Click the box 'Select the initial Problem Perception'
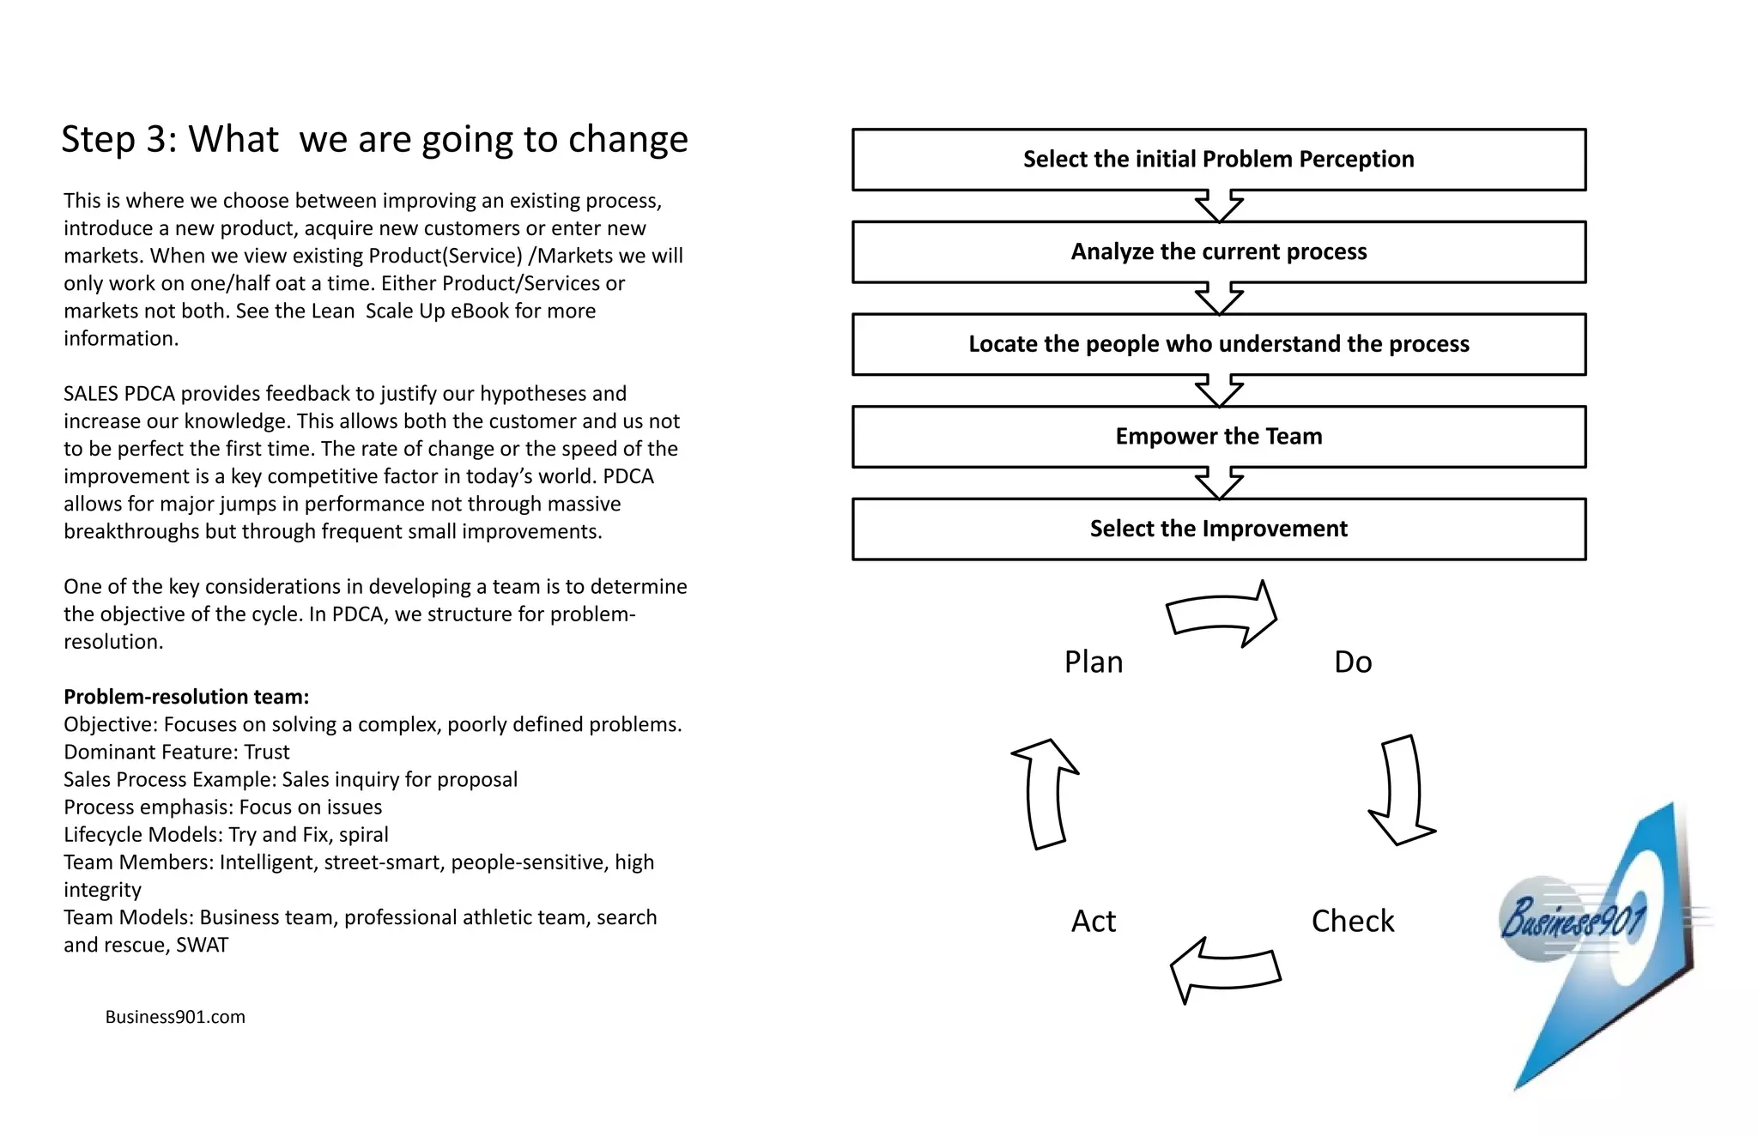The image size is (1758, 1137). (x=1218, y=160)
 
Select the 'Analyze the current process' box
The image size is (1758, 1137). (x=1218, y=252)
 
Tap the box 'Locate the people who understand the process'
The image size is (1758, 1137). (x=1218, y=344)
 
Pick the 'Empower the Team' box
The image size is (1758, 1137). (x=1218, y=437)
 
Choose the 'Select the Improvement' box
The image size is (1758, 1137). (x=1218, y=529)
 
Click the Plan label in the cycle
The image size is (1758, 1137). (x=1093, y=662)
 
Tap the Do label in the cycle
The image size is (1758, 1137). (x=1352, y=662)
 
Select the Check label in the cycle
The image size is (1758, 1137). (x=1352, y=921)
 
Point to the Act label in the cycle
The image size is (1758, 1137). (x=1093, y=922)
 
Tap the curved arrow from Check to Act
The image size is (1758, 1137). (x=1224, y=970)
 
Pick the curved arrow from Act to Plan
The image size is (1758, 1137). (x=1045, y=793)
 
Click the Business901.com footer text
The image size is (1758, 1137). (x=175, y=1017)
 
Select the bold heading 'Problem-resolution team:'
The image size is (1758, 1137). (x=186, y=697)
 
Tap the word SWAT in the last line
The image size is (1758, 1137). (x=203, y=945)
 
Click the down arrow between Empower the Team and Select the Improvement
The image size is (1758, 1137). (x=1219, y=483)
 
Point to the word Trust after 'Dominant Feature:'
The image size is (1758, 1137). (x=267, y=753)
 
